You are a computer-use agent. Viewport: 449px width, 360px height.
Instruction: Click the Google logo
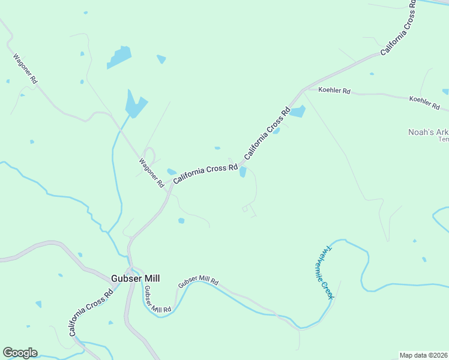pos(20,353)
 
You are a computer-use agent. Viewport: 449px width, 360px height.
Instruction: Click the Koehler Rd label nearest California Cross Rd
pos(334,91)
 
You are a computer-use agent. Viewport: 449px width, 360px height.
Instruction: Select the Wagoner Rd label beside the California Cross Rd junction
pos(151,173)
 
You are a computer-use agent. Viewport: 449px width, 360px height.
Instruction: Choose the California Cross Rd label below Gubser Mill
pos(91,313)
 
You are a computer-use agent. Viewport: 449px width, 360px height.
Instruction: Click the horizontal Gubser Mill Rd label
pos(199,281)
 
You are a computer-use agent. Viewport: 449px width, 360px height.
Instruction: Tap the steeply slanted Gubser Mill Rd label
pos(157,299)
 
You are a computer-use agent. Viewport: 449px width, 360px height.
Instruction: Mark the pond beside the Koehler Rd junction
pos(298,112)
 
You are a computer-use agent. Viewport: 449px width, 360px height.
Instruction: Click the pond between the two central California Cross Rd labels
pos(243,172)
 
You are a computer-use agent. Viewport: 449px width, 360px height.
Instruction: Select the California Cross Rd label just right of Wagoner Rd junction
pos(206,174)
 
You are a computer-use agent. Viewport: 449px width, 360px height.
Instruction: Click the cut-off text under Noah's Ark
pos(444,139)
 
